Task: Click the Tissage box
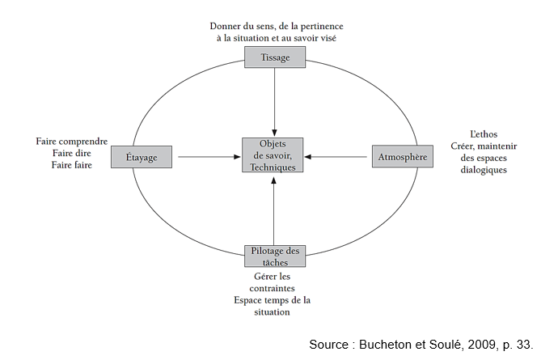point(275,57)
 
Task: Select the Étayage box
point(141,156)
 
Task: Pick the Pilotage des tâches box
point(275,256)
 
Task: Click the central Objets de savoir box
point(274,155)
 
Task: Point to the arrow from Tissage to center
point(275,101)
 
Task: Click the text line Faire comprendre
point(71,142)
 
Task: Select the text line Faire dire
point(71,153)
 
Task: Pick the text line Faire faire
point(71,165)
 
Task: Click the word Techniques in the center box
point(274,166)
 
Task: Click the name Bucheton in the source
point(387,345)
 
